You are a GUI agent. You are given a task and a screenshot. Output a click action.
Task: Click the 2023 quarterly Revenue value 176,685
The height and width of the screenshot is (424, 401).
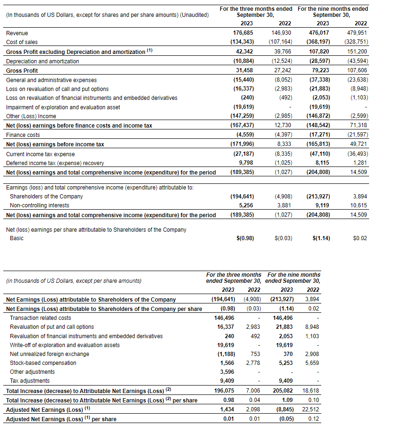pyautogui.click(x=243, y=33)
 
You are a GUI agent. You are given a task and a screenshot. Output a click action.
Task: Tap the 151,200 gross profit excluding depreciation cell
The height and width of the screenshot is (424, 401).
pyautogui.click(x=357, y=52)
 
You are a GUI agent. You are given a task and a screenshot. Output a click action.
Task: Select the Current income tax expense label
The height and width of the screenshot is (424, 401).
pyautogui.click(x=40, y=154)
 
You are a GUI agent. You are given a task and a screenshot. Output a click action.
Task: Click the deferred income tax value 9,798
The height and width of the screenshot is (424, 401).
pyautogui.click(x=246, y=163)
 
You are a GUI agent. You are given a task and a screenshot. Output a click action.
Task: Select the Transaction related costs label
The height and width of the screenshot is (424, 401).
pyautogui.click(x=40, y=318)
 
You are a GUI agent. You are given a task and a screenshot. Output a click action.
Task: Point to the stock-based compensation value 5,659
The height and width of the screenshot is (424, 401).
pyautogui.click(x=311, y=363)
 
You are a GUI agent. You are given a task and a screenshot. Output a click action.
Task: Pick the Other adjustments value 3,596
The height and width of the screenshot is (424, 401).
pyautogui.click(x=227, y=372)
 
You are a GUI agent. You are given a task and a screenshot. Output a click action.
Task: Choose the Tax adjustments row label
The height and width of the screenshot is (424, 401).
pyautogui.click(x=30, y=381)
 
